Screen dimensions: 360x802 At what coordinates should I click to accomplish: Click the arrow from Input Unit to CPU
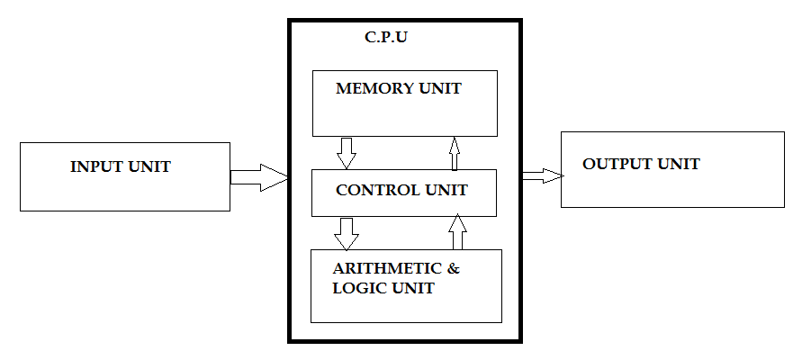point(259,177)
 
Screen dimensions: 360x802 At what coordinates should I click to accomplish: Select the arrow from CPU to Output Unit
point(540,175)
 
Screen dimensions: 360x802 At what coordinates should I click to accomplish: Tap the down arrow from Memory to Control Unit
point(347,152)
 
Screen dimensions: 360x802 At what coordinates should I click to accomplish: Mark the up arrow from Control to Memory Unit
point(455,153)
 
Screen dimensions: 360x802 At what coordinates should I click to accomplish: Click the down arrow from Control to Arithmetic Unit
point(346,233)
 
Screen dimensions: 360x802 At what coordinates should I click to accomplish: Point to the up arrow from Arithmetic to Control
point(457,232)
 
